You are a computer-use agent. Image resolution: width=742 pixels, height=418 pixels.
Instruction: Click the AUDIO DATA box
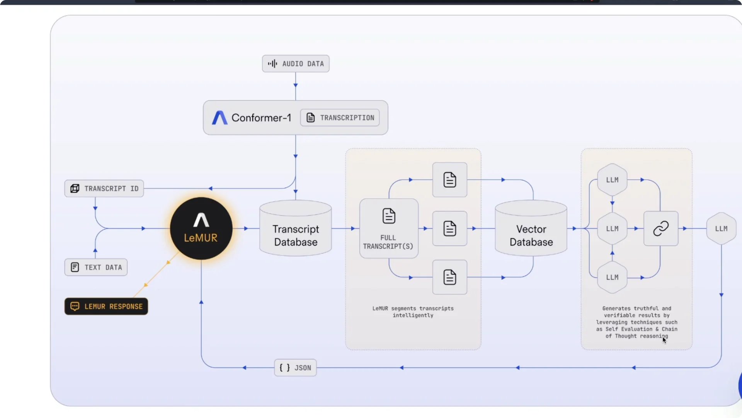296,63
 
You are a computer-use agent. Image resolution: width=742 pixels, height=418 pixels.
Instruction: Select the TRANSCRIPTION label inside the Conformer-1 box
340,118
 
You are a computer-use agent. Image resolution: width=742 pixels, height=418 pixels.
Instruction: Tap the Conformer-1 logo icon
220,118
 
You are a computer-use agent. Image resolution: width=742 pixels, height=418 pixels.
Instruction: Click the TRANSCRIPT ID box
104,188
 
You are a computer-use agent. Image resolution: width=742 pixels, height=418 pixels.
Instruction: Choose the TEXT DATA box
96,267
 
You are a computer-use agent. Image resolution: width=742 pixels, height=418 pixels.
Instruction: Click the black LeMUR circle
201,228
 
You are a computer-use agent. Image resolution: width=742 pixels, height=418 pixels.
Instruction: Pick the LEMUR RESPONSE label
106,307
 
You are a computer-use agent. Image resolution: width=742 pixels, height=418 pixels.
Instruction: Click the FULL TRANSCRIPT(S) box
389,228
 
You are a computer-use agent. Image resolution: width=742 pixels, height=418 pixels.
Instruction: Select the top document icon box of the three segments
450,180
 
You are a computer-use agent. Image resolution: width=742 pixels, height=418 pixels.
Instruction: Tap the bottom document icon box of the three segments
450,278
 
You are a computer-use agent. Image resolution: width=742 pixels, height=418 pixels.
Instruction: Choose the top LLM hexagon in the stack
612,180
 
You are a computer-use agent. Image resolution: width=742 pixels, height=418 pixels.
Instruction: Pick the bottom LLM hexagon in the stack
612,278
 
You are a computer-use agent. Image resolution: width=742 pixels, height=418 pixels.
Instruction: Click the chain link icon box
661,228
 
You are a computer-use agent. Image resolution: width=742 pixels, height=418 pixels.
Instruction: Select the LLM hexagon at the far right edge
721,228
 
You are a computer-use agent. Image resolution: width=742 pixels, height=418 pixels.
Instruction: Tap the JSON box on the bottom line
295,368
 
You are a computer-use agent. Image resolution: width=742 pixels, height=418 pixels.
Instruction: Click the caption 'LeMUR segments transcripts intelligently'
413,312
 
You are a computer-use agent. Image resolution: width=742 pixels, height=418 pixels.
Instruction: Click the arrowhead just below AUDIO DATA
296,85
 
